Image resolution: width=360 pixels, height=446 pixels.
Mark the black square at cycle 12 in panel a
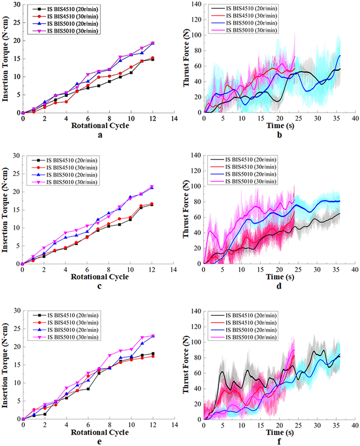[152, 59]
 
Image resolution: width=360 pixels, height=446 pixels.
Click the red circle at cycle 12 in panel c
[152, 204]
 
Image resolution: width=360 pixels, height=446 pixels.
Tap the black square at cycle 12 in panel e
[152, 353]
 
